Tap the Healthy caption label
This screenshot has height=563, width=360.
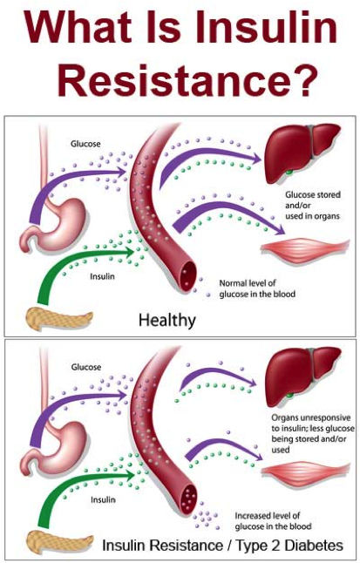point(166,321)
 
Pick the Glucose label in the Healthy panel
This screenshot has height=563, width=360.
point(85,142)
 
